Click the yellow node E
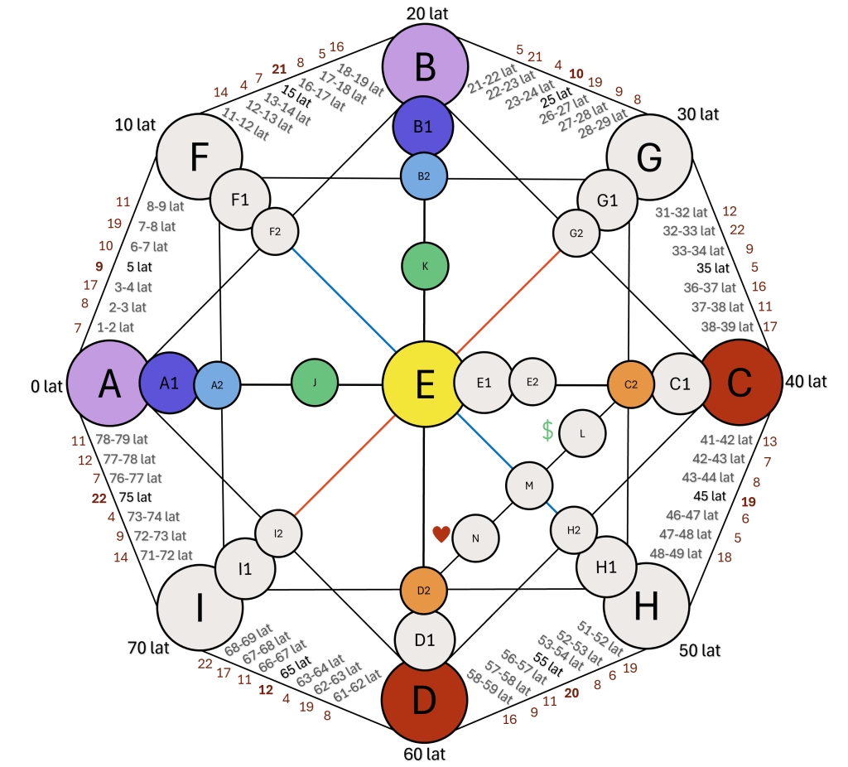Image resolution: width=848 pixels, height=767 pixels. (423, 384)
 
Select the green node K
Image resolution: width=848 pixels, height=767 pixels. (425, 266)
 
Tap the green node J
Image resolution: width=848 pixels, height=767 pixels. (315, 384)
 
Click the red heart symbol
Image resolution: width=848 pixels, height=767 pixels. (441, 534)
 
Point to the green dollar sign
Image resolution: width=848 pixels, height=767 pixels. (547, 429)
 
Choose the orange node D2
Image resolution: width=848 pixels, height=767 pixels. (424, 590)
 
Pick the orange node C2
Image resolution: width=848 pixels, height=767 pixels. (631, 383)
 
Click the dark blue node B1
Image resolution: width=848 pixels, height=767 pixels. (424, 128)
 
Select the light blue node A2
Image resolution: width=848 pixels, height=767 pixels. (218, 384)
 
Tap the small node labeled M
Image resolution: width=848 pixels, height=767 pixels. (529, 485)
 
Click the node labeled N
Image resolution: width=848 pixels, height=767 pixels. (475, 538)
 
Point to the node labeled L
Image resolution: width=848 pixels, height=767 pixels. (582, 432)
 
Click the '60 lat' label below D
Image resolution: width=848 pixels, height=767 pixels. (424, 754)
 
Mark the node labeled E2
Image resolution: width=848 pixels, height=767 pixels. (532, 382)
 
